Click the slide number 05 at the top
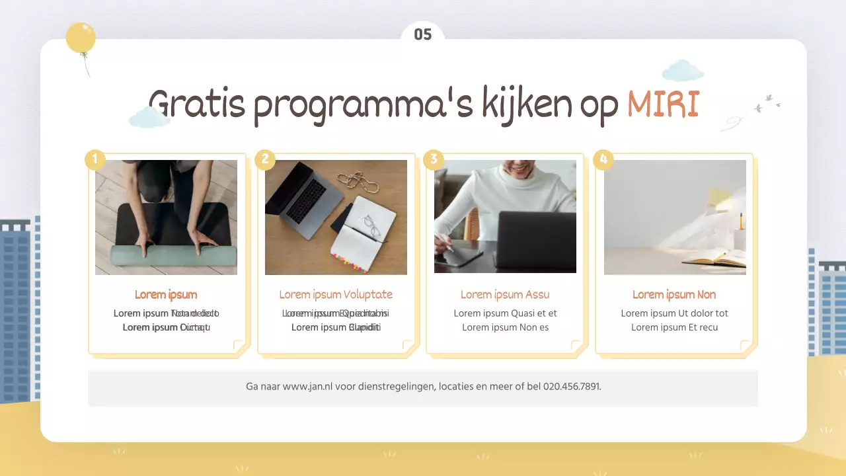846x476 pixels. pos(423,34)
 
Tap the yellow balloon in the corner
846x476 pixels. pos(81,38)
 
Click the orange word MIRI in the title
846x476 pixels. pos(663,104)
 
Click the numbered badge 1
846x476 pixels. pos(95,159)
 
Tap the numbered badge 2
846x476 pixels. pos(265,159)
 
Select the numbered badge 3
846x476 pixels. pos(434,159)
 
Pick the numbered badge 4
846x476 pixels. pos(603,159)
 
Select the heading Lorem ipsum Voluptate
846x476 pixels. pos(336,295)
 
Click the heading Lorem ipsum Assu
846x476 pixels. pos(505,295)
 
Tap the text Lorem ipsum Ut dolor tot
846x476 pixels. pos(674,313)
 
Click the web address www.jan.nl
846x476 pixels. pos(307,387)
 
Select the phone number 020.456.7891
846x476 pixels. pos(572,387)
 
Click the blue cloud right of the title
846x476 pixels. pos(683,70)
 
